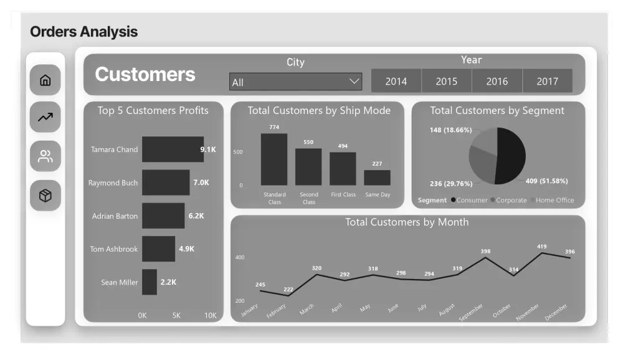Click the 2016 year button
click(x=497, y=81)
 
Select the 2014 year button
click(x=396, y=81)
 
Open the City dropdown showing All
click(x=295, y=82)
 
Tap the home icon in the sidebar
click(x=45, y=80)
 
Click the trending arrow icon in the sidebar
click(x=45, y=118)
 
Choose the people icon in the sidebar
click(x=45, y=156)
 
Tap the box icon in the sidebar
click(x=45, y=196)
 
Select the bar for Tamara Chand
click(x=173, y=149)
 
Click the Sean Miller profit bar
click(x=150, y=282)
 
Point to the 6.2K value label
click(x=196, y=216)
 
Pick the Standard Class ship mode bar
click(x=274, y=159)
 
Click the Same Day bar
click(x=377, y=178)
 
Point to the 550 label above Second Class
click(x=308, y=142)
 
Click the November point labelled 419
click(x=542, y=253)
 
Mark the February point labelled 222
click(x=288, y=295)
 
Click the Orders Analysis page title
click(x=84, y=31)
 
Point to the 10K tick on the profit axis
click(x=211, y=316)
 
